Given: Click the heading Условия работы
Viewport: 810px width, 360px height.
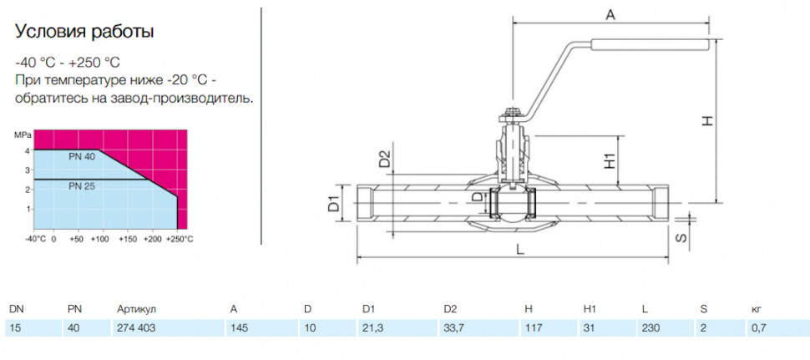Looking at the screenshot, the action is click(84, 32).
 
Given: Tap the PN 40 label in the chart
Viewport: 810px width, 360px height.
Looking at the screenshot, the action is click(82, 156).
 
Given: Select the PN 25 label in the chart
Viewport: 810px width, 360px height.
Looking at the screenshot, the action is click(82, 186).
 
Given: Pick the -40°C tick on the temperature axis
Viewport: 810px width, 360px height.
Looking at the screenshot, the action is click(36, 240).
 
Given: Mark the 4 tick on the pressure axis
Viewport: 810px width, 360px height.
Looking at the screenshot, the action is click(29, 150).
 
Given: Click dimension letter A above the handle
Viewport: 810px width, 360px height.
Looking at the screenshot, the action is click(610, 16).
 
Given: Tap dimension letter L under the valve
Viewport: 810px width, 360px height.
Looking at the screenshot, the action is click(521, 249).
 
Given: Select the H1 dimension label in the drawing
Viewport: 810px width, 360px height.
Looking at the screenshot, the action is click(610, 160).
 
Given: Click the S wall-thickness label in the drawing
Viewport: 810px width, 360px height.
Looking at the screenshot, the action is click(682, 237).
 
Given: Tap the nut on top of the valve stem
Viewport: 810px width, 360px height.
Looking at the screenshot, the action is click(511, 111).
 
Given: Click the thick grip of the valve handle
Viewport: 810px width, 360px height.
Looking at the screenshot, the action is click(650, 45).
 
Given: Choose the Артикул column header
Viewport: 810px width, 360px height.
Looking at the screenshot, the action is click(136, 309).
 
